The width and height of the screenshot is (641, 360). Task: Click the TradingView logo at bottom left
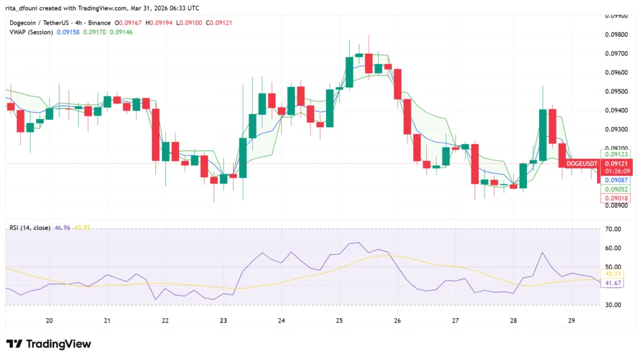(48, 344)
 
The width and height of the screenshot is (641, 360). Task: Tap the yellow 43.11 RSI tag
(613, 274)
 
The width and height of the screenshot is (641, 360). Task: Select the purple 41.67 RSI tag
(613, 283)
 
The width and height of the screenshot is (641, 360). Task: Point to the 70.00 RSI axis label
(613, 229)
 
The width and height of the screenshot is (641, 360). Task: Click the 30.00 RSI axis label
(613, 305)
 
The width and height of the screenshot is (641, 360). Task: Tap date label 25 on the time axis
(339, 321)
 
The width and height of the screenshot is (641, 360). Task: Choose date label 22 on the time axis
(165, 321)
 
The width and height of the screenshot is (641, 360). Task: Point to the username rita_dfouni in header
(24, 8)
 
